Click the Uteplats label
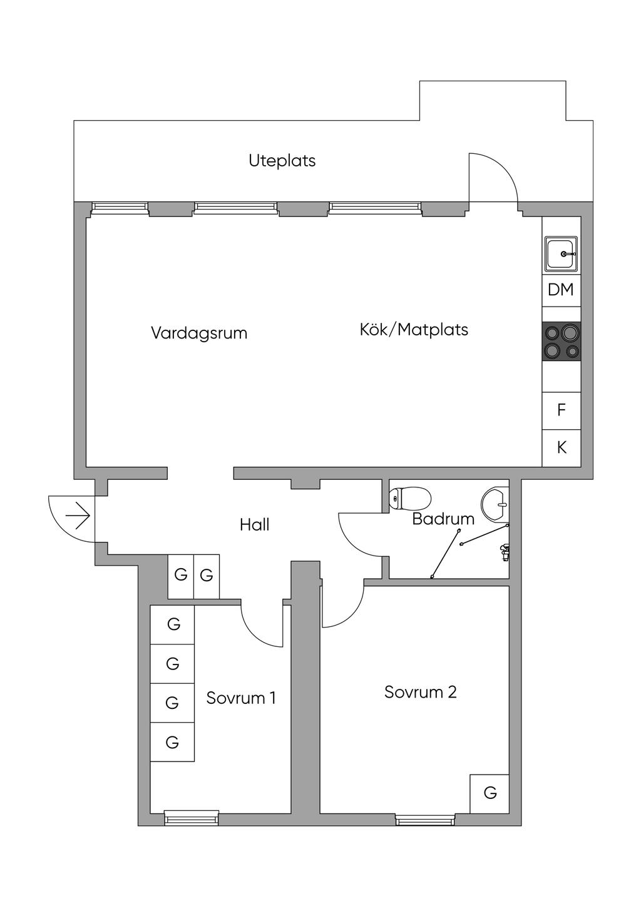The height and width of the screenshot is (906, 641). click(x=282, y=161)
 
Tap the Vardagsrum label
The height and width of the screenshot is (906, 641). click(x=199, y=333)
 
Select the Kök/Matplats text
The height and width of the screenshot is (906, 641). click(x=414, y=330)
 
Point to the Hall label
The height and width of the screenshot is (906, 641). click(x=255, y=525)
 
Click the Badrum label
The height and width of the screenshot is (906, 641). click(x=443, y=519)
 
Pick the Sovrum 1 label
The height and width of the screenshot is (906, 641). click(x=241, y=698)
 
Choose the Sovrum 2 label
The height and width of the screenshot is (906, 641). click(x=421, y=692)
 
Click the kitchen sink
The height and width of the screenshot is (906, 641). click(x=562, y=253)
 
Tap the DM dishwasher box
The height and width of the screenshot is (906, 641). click(x=562, y=290)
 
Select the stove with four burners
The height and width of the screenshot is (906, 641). click(x=562, y=342)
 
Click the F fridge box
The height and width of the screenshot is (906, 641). click(x=562, y=410)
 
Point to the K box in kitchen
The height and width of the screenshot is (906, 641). click(x=562, y=448)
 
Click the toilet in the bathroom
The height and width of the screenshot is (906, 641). click(x=409, y=498)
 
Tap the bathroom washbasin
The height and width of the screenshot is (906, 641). click(x=495, y=504)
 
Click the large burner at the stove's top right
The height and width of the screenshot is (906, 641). click(x=570, y=333)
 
